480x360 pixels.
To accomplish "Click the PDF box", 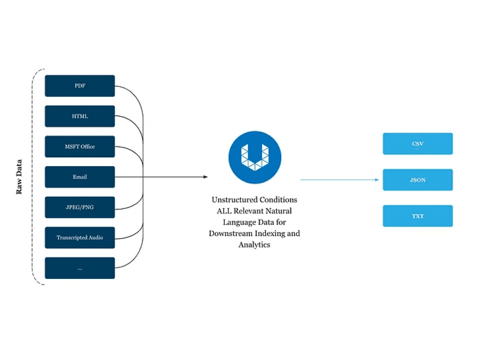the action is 80,86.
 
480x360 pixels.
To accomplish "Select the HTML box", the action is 80,116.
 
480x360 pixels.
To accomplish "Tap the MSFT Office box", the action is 80,146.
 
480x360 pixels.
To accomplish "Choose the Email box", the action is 80,177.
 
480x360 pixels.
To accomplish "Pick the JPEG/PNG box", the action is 80,207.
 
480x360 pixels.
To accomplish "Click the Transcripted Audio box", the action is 80,238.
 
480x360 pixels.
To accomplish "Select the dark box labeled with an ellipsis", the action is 80,268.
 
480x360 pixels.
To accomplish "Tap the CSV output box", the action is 418,144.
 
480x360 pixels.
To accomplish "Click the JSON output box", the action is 418,180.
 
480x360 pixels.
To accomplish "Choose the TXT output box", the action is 418,216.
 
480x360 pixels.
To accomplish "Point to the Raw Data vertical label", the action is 19,177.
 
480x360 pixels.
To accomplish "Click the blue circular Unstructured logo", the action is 255,157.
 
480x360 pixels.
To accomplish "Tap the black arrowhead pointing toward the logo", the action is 206,177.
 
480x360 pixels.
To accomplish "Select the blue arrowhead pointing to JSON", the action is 377,180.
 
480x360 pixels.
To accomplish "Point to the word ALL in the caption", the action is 224,211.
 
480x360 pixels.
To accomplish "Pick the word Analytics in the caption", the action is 254,245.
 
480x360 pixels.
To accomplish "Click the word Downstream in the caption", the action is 231,234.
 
